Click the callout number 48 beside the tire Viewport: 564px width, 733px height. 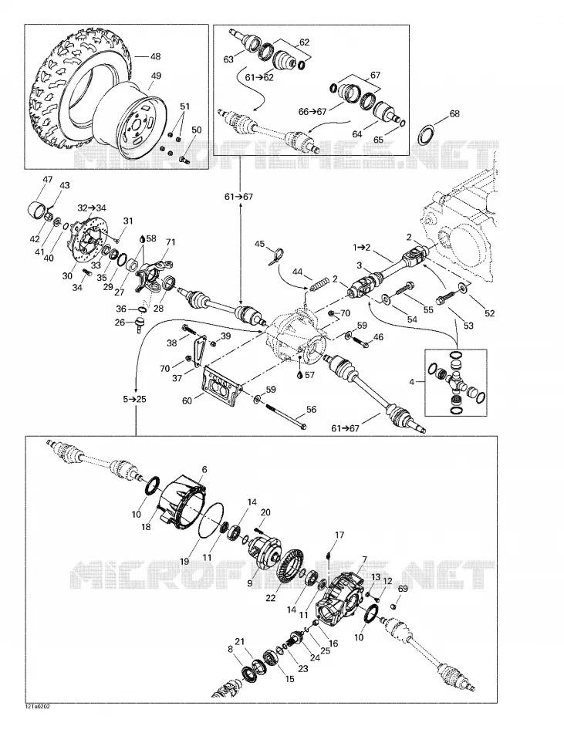click(x=155, y=56)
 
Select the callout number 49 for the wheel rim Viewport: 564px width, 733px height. click(x=156, y=76)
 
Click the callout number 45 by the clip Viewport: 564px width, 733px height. click(x=260, y=244)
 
